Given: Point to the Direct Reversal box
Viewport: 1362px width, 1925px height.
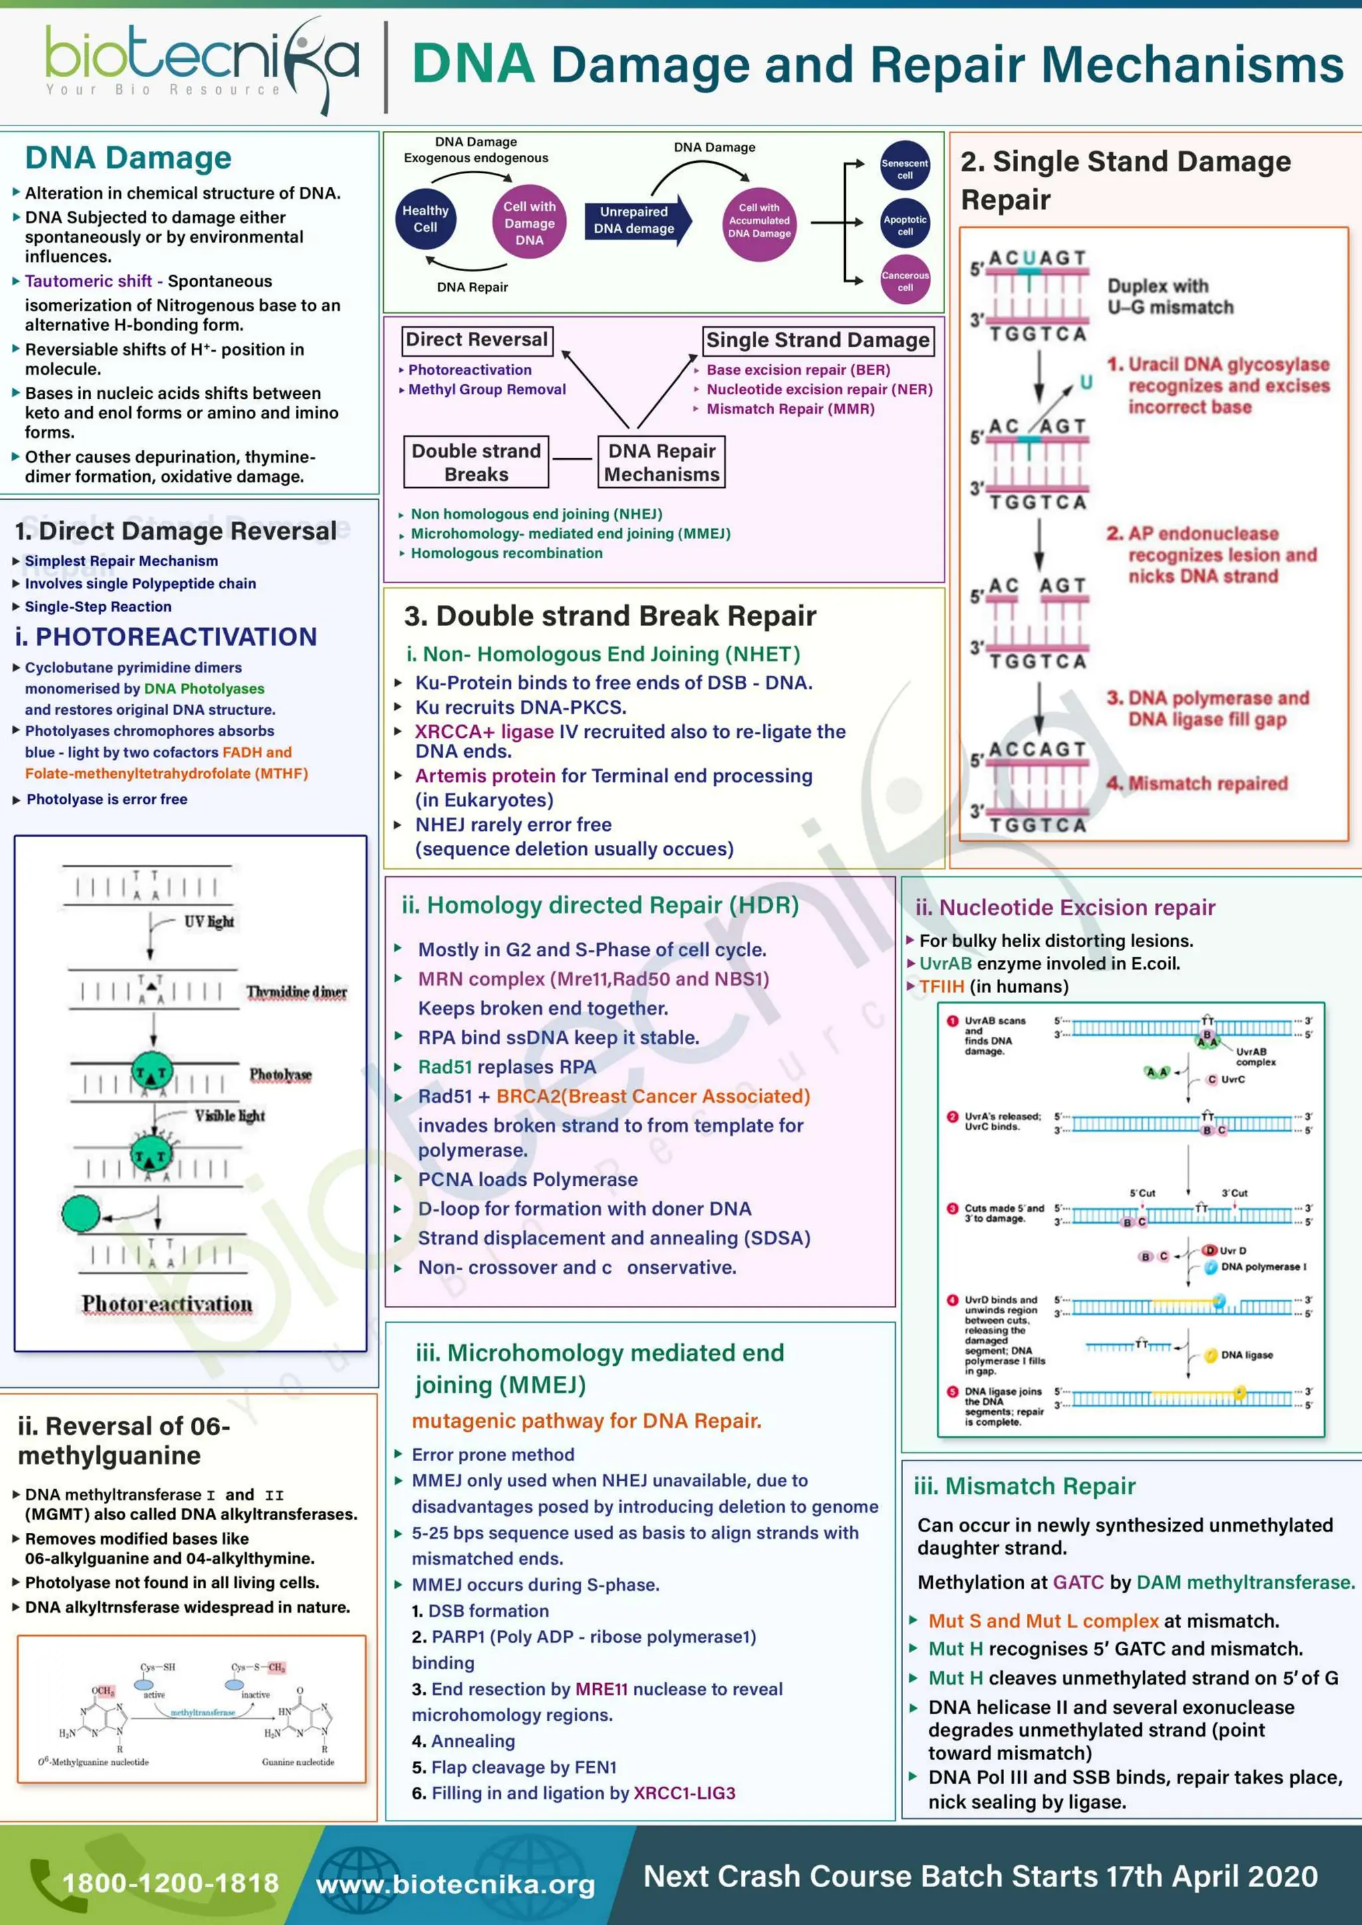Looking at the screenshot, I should [x=476, y=340].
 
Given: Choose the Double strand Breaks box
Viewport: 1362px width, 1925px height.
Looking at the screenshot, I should [x=476, y=462].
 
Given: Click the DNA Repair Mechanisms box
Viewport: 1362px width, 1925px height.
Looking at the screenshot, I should [x=662, y=462].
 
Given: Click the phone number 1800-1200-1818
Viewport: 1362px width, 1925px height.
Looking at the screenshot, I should [x=170, y=1883].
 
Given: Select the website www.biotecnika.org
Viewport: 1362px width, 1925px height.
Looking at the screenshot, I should [x=456, y=1884].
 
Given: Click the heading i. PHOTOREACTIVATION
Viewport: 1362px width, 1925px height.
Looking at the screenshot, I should [x=166, y=637].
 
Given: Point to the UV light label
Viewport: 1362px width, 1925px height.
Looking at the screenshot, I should [x=209, y=921].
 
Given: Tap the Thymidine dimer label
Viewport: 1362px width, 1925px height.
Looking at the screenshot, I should [x=296, y=992].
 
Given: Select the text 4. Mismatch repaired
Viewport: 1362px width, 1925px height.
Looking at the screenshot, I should [x=1197, y=783].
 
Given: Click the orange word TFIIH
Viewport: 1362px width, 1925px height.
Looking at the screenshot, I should [x=941, y=987].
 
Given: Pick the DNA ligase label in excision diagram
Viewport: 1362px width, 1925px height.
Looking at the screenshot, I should [x=1246, y=1355].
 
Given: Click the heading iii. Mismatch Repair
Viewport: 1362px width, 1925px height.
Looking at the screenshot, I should [x=1024, y=1486].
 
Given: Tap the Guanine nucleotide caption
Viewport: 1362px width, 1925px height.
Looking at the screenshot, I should [x=298, y=1762].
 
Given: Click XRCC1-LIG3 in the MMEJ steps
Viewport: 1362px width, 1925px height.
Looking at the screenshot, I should [x=684, y=1793].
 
